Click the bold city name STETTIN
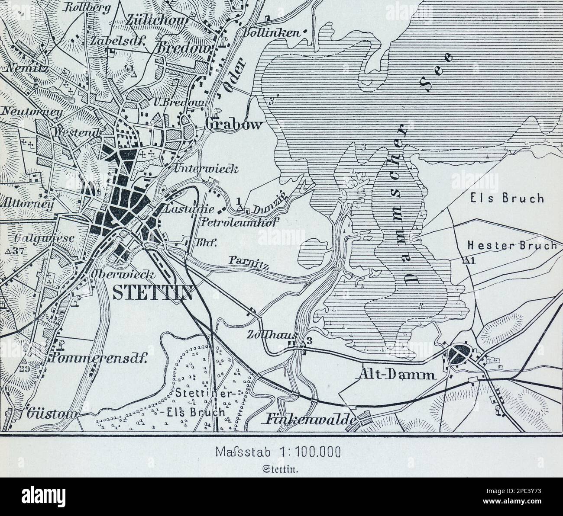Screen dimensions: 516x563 152,292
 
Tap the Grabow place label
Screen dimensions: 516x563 234,125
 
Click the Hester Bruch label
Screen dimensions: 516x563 511,245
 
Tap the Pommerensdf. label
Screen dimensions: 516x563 99,358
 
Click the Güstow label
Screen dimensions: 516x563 52,413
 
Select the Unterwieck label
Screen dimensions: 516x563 206,169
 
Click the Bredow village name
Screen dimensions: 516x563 186,48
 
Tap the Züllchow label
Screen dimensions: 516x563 158,21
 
